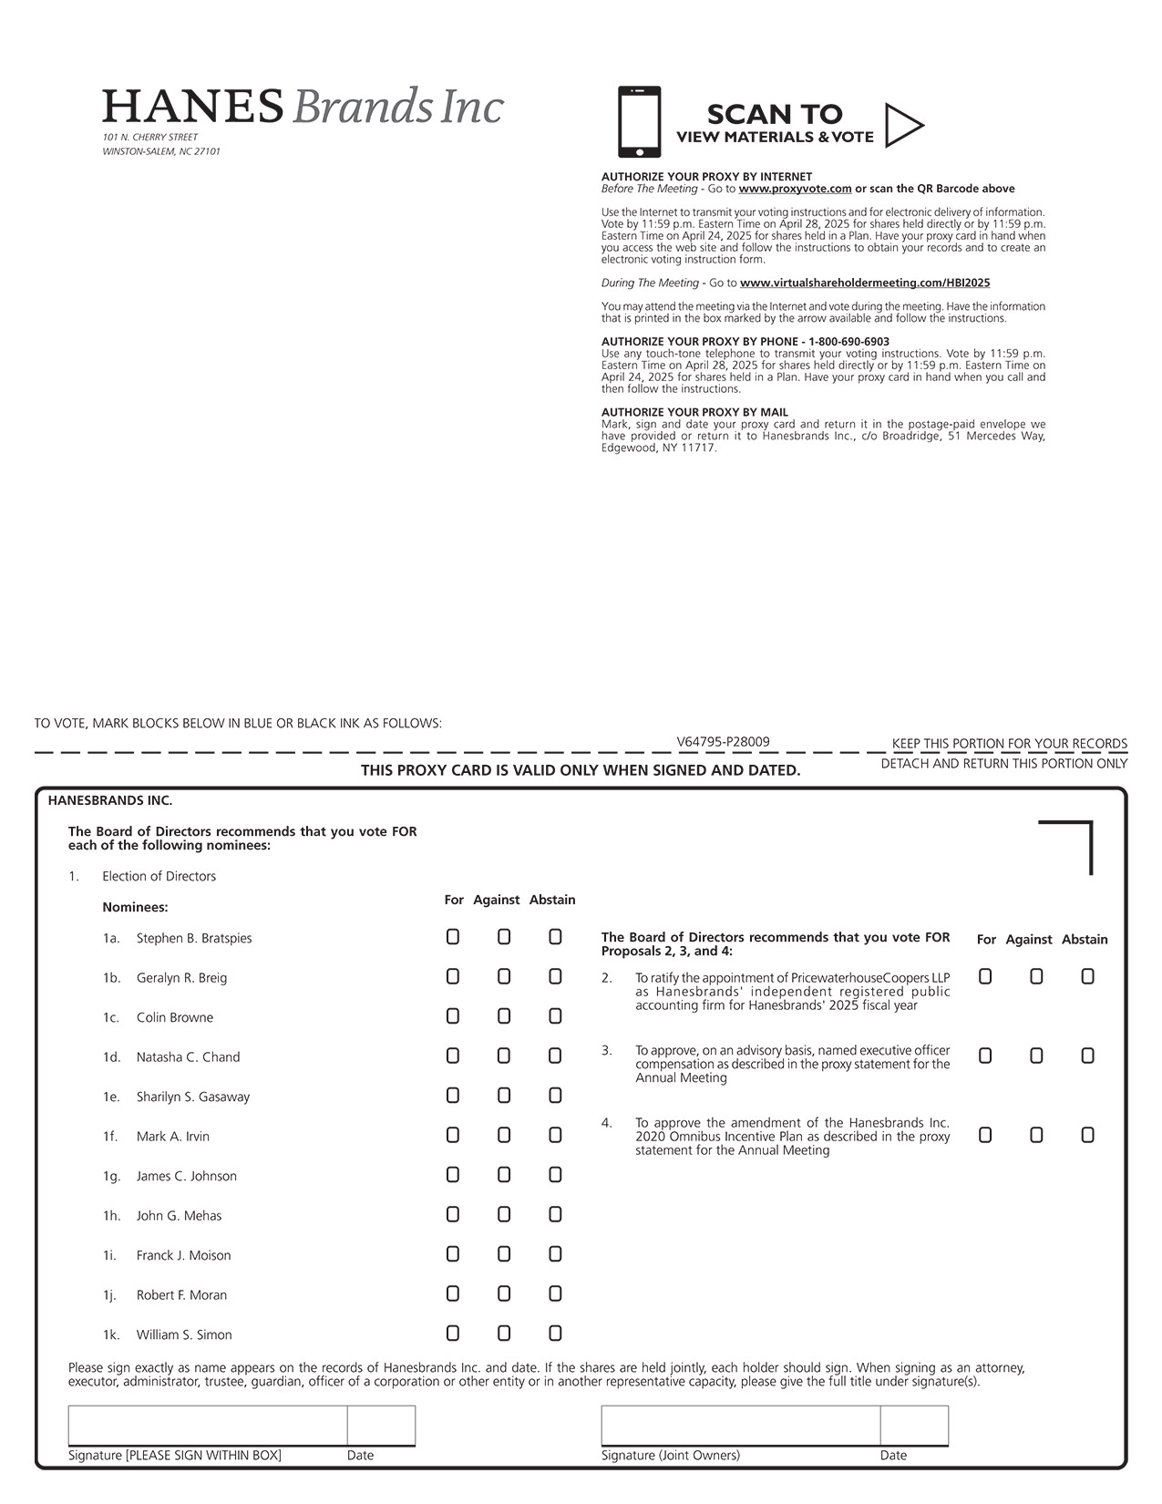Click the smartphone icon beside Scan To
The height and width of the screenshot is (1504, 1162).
coord(639,122)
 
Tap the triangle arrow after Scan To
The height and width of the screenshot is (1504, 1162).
coord(903,126)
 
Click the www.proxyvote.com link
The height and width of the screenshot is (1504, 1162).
coord(795,189)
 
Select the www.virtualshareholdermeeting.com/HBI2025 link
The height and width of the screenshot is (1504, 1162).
coord(865,283)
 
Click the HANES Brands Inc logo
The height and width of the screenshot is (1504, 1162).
coord(303,107)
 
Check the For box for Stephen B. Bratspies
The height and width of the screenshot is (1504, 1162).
coord(453,937)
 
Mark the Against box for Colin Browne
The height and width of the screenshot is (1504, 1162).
coord(504,1016)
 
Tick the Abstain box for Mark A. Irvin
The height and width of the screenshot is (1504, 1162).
coord(555,1135)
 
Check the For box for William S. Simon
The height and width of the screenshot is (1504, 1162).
coord(453,1334)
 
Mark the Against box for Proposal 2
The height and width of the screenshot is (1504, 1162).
coord(1036,976)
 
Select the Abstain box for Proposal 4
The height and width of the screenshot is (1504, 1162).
coord(1087,1135)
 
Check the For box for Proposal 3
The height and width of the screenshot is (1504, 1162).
coord(985,1056)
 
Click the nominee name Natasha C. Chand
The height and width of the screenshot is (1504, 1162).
coord(188,1057)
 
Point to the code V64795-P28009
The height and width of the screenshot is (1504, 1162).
coord(723,742)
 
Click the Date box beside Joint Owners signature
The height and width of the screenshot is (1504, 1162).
coord(914,1426)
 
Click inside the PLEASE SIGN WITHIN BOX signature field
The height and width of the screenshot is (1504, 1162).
coord(208,1426)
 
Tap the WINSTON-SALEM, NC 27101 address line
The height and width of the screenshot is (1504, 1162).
coord(161,151)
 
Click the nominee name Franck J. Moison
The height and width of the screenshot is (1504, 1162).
coord(183,1255)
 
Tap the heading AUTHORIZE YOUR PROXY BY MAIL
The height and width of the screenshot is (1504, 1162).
coord(694,412)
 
